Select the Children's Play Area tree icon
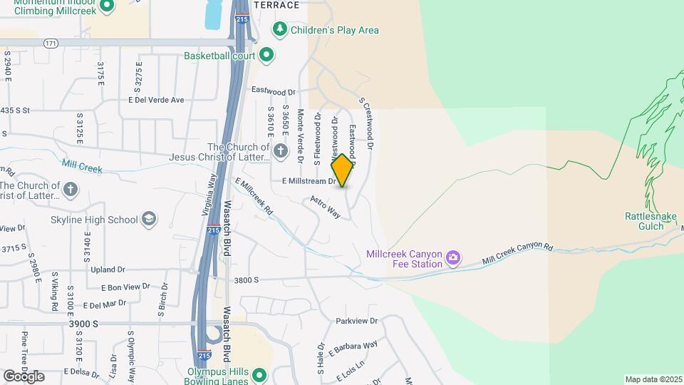pyautogui.click(x=281, y=29)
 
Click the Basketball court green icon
pyautogui.click(x=266, y=54)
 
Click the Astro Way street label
pyautogui.click(x=325, y=207)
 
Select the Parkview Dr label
pyautogui.click(x=356, y=321)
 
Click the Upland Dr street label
pyautogui.click(x=108, y=269)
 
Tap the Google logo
pyautogui.click(x=24, y=376)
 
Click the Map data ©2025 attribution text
pyautogui.click(x=653, y=379)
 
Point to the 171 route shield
pyautogui.click(x=51, y=43)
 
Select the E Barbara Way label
pyautogui.click(x=353, y=348)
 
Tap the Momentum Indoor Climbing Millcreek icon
pyautogui.click(x=107, y=6)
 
